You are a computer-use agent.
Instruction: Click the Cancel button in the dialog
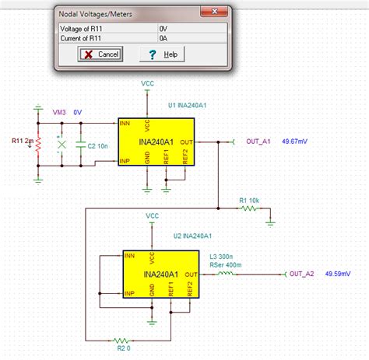tap(100, 54)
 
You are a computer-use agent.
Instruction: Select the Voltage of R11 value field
tap(190, 28)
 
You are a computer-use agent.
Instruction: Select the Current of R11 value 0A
tap(190, 38)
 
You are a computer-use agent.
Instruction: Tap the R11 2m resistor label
tap(23, 141)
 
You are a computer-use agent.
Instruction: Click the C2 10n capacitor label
tap(97, 145)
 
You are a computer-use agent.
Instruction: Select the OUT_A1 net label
tap(258, 141)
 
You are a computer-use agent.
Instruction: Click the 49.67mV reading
tap(294, 141)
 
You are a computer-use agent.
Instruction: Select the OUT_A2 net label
tap(301, 274)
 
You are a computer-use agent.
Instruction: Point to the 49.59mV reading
tap(337, 274)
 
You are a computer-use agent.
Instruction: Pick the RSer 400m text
tap(226, 264)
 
